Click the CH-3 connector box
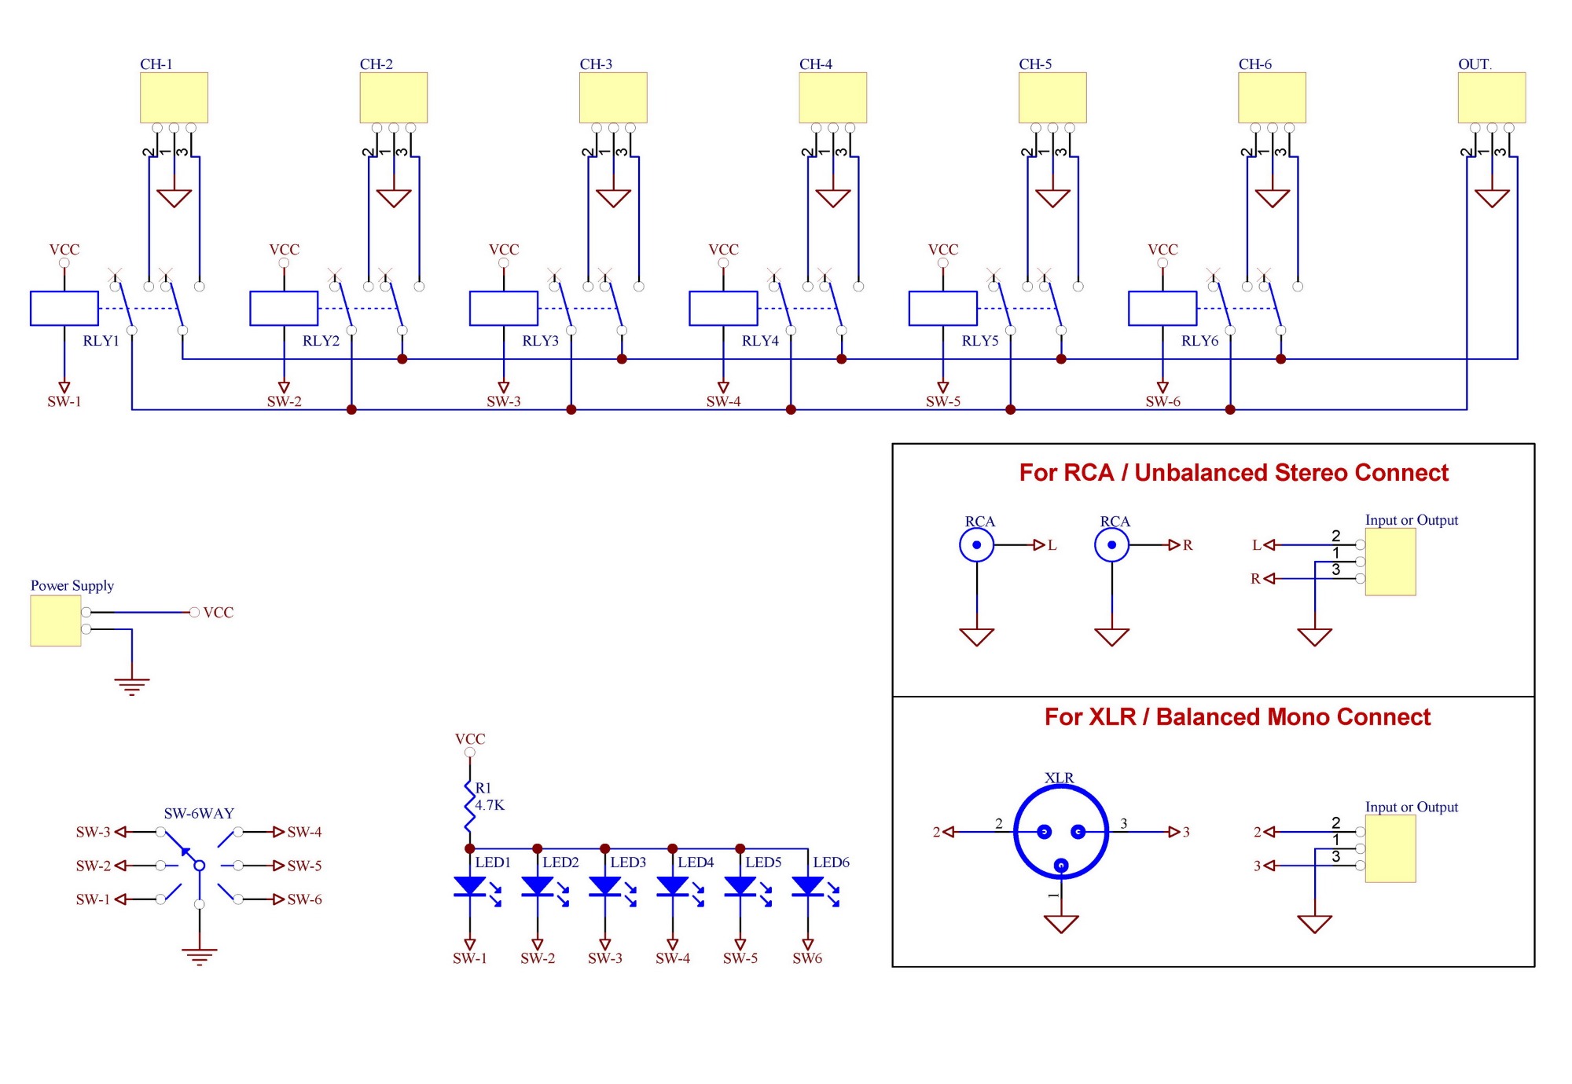[x=613, y=97]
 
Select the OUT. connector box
[x=1491, y=97]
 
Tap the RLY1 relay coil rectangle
[x=64, y=308]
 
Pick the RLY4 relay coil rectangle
[x=723, y=308]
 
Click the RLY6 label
[x=1199, y=341]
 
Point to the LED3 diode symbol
[x=605, y=886]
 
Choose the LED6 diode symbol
[x=808, y=886]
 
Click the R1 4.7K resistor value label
[x=490, y=805]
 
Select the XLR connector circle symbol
[x=1061, y=833]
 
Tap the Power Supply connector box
[x=56, y=621]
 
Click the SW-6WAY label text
[x=199, y=814]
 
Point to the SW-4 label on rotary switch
[x=304, y=832]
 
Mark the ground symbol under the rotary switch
[x=200, y=955]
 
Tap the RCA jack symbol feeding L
[x=977, y=545]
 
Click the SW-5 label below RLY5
[x=943, y=401]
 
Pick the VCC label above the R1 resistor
[x=470, y=739]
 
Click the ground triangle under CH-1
[x=174, y=197]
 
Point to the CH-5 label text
[x=1035, y=64]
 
